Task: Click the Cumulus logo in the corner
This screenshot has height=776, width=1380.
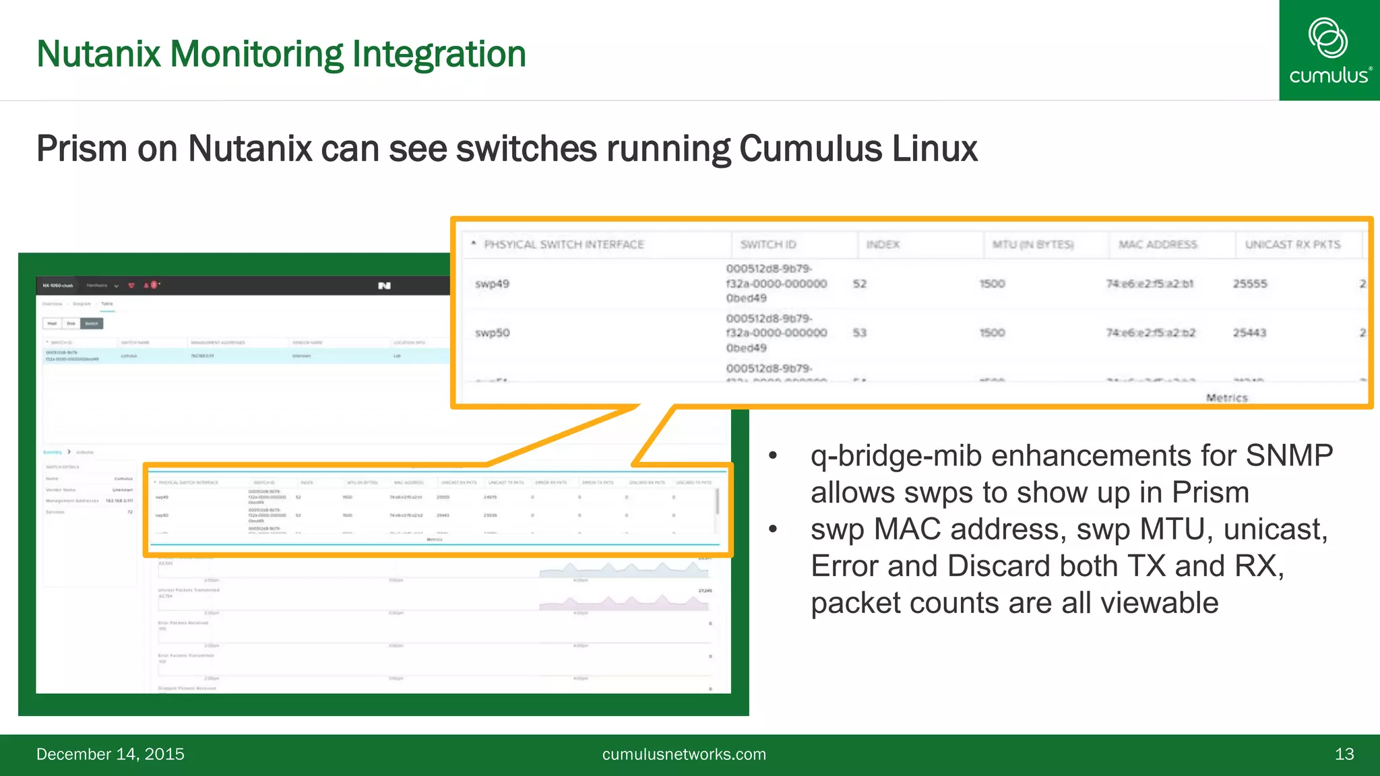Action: [x=1329, y=51]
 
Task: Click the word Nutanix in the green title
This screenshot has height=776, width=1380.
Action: [x=98, y=54]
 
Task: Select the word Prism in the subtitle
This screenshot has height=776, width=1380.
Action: [x=82, y=149]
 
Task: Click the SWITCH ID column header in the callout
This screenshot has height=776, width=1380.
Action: [x=767, y=245]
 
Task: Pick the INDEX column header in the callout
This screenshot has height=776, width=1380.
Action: [x=883, y=245]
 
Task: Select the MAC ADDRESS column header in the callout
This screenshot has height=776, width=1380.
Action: [x=1158, y=245]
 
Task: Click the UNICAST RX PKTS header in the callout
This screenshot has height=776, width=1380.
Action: [x=1292, y=245]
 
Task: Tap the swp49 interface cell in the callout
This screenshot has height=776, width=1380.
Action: [x=492, y=284]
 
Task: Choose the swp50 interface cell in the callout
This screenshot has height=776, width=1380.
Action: [x=492, y=333]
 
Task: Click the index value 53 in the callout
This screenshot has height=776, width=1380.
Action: [x=859, y=333]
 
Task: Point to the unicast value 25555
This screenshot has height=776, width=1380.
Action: [x=1250, y=284]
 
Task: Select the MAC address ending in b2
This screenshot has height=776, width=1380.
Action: [x=1150, y=333]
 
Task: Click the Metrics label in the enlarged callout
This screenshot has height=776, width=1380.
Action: [x=1226, y=398]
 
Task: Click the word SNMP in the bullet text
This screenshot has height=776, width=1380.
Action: [x=1288, y=455]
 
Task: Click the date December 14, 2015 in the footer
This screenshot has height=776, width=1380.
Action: [x=111, y=754]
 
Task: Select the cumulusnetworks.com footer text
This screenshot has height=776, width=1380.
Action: [x=684, y=754]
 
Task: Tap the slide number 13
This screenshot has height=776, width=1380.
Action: [x=1344, y=754]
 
